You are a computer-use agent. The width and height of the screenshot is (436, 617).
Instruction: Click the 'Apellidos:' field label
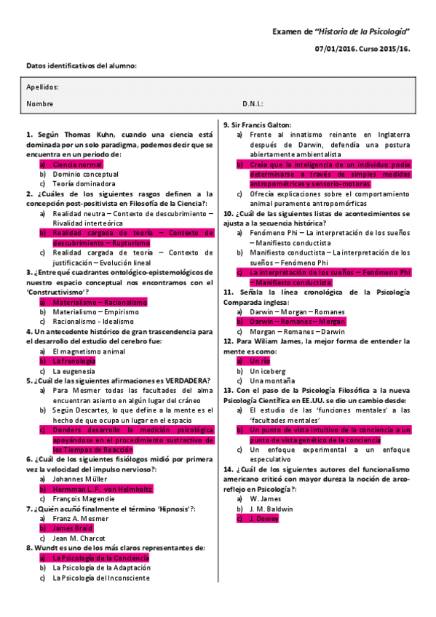[x=42, y=87]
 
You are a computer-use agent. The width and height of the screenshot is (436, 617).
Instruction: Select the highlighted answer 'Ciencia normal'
[x=77, y=164]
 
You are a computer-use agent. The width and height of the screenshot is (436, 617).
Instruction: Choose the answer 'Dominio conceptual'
[x=85, y=175]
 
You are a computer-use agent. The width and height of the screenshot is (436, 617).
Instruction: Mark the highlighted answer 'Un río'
[x=260, y=360]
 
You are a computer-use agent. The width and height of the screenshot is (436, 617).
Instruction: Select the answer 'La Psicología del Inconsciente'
[x=101, y=578]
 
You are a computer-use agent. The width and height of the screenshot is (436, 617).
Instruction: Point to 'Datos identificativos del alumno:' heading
[x=81, y=66]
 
